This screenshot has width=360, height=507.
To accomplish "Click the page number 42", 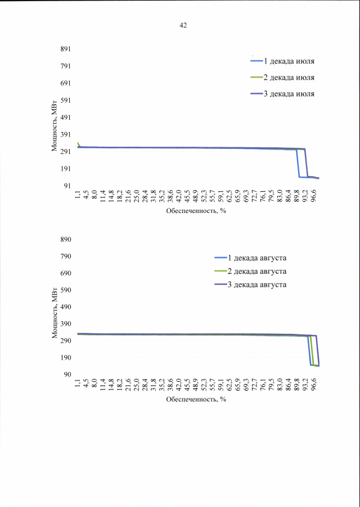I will pyautogui.click(x=183, y=25).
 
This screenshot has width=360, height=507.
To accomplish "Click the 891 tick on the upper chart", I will pyautogui.click(x=65, y=49).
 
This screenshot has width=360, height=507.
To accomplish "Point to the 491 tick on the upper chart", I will pyautogui.click(x=65, y=118).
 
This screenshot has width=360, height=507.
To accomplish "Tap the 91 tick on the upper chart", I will pyautogui.click(x=66, y=186).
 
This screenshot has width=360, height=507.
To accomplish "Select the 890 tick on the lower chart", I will pyautogui.click(x=65, y=239).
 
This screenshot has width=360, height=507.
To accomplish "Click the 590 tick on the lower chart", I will pyautogui.click(x=65, y=290).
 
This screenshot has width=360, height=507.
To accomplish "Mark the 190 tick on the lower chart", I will pyautogui.click(x=65, y=357).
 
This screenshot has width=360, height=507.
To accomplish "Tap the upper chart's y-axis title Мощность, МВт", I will pyautogui.click(x=55, y=128).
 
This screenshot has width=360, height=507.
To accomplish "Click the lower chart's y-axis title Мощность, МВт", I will pyautogui.click(x=55, y=315).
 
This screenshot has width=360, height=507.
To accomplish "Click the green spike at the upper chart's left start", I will pyautogui.click(x=78, y=143).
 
